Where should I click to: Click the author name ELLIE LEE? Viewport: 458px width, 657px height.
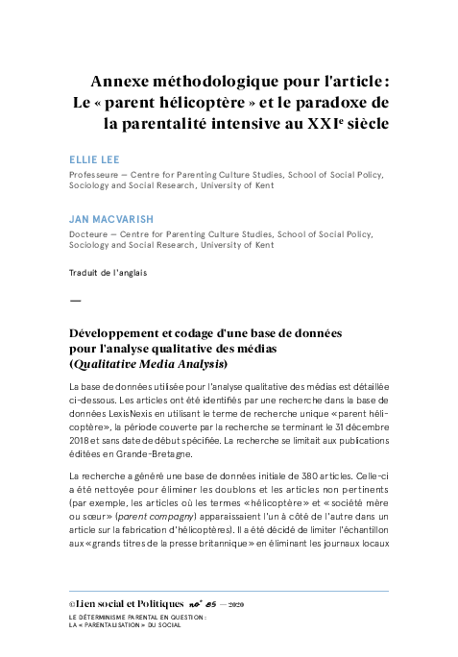point(94,160)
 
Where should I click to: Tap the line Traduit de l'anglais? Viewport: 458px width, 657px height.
point(108,272)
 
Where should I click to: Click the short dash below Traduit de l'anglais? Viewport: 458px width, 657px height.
point(76,301)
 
